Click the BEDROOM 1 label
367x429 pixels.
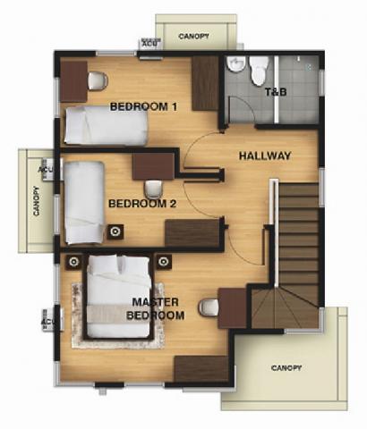pos(143,107)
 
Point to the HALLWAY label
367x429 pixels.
pos(265,156)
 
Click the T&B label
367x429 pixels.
pos(275,93)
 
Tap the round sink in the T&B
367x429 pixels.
pos(235,65)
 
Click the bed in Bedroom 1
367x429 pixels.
pos(105,125)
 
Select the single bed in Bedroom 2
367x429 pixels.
pos(84,202)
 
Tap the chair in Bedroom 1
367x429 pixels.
pos(98,81)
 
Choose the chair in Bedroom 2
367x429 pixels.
pos(153,188)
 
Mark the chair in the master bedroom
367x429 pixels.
pos(209,308)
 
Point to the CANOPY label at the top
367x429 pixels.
pos(194,37)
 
